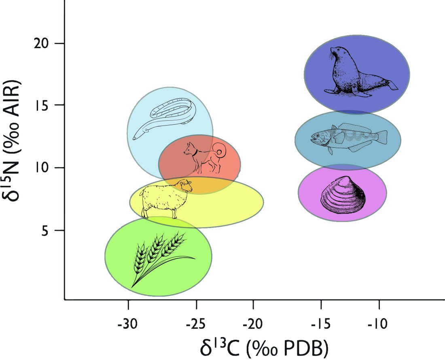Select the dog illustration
coord(204,156)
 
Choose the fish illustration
coord(348,138)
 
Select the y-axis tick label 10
coord(42,168)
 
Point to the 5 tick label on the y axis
coord(46,230)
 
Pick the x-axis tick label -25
coord(196,324)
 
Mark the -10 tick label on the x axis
coord(379,324)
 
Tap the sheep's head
coord(185,186)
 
